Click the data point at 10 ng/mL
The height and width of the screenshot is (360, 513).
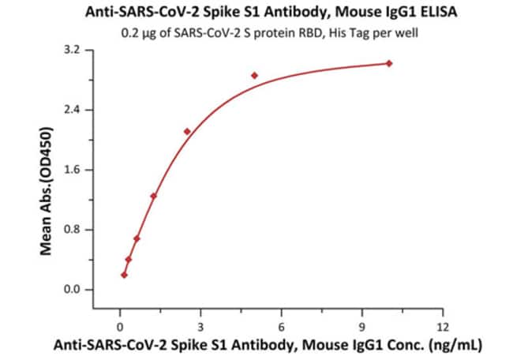[389, 63]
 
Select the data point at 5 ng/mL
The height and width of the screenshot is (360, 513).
[255, 76]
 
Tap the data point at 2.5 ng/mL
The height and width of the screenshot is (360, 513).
[187, 131]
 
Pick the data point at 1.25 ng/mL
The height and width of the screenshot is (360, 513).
[154, 196]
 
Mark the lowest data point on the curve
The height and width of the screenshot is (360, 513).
[124, 275]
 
